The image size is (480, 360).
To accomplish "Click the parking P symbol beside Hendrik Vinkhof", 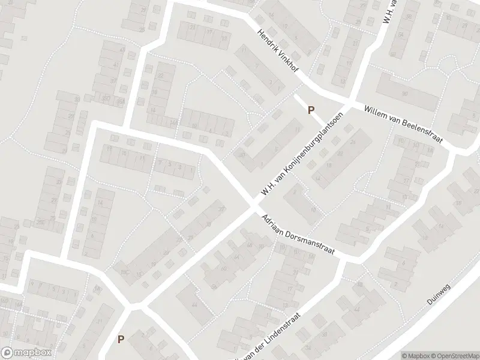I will click(x=311, y=110).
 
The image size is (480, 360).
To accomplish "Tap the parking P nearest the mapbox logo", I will click(x=121, y=339).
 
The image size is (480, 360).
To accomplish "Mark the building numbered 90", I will click(x=405, y=94).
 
